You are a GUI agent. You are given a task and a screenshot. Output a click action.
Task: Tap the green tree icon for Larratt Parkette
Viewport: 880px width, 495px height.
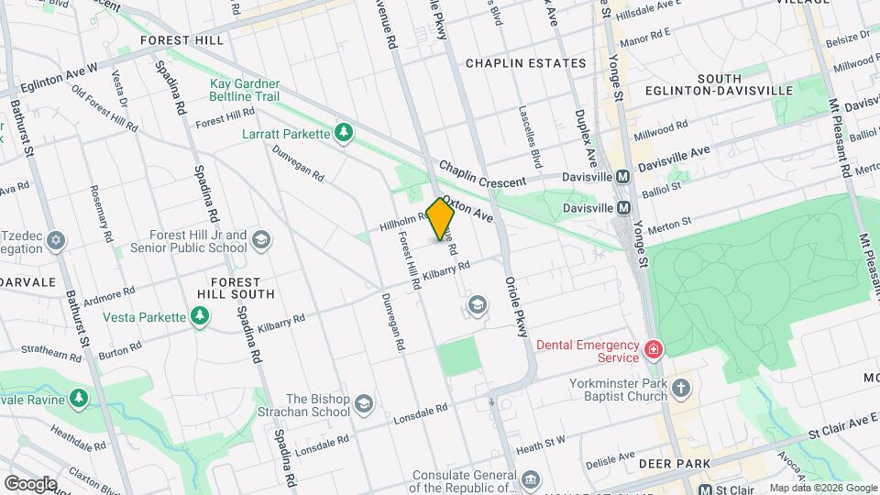344,134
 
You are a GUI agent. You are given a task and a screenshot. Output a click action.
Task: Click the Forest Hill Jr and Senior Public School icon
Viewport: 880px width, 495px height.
261,240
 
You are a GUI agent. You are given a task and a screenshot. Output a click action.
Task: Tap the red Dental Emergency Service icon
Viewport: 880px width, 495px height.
653,349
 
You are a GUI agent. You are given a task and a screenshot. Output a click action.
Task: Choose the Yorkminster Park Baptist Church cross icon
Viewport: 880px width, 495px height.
680,387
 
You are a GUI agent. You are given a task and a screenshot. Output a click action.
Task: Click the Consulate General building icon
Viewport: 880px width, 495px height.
530,480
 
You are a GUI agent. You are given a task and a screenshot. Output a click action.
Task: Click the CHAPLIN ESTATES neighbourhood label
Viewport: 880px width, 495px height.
525,63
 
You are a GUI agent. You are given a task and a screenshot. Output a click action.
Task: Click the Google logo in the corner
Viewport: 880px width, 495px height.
30,482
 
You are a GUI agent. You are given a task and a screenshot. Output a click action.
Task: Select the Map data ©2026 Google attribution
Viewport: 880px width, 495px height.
822,488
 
